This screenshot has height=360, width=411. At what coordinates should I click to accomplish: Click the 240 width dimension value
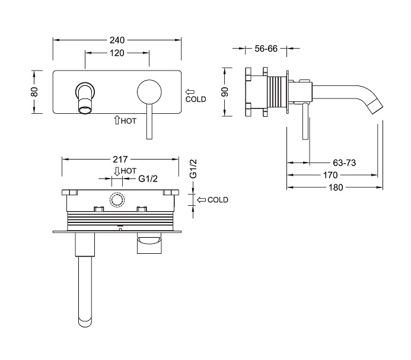(x=117, y=40)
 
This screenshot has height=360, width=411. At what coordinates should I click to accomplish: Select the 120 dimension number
(x=117, y=53)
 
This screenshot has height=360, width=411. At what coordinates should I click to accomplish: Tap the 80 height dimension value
(x=34, y=93)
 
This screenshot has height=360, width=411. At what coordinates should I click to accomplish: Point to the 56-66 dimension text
(x=266, y=49)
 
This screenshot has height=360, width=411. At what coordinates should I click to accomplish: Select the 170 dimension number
(x=330, y=175)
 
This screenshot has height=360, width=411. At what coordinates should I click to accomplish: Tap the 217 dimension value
(x=121, y=159)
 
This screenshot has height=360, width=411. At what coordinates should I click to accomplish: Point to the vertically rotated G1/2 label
(x=193, y=170)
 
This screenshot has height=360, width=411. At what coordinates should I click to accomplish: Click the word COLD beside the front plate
(x=195, y=99)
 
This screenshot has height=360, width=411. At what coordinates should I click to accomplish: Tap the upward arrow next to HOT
(x=117, y=120)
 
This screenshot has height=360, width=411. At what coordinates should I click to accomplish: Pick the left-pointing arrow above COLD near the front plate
(x=190, y=92)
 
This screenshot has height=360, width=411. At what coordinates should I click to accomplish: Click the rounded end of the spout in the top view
(x=85, y=323)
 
